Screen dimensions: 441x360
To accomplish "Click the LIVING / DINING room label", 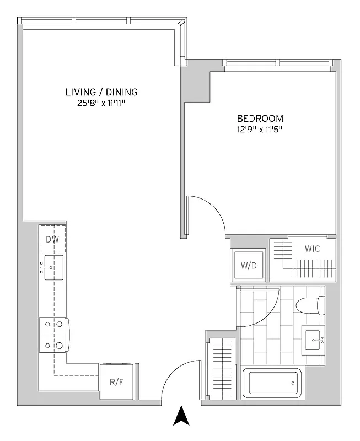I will tap(101, 92).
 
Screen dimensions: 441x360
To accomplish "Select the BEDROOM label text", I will tap(260, 119).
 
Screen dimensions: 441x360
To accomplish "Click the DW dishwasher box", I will tap(53, 239).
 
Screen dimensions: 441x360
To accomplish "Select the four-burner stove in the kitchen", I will tap(53, 335).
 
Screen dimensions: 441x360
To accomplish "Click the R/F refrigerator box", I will tap(116, 381).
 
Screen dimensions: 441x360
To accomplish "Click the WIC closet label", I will tap(312, 249).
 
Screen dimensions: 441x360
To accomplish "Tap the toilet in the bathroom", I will tap(309, 305).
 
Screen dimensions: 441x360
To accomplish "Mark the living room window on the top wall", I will tap(102, 21).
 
